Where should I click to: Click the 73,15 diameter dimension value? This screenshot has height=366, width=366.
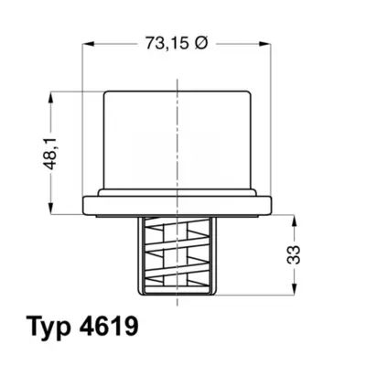click(167, 43)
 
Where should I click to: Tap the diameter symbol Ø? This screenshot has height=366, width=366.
click(200, 43)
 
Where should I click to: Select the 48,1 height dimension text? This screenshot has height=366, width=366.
click(50, 153)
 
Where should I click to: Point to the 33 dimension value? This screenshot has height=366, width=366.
click(294, 254)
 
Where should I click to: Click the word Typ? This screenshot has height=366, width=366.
click(48, 328)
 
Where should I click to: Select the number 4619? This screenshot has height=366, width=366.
click(109, 326)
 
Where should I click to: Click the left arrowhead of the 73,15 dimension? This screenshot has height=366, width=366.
click(88, 44)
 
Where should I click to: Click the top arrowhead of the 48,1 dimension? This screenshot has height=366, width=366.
click(51, 97)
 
